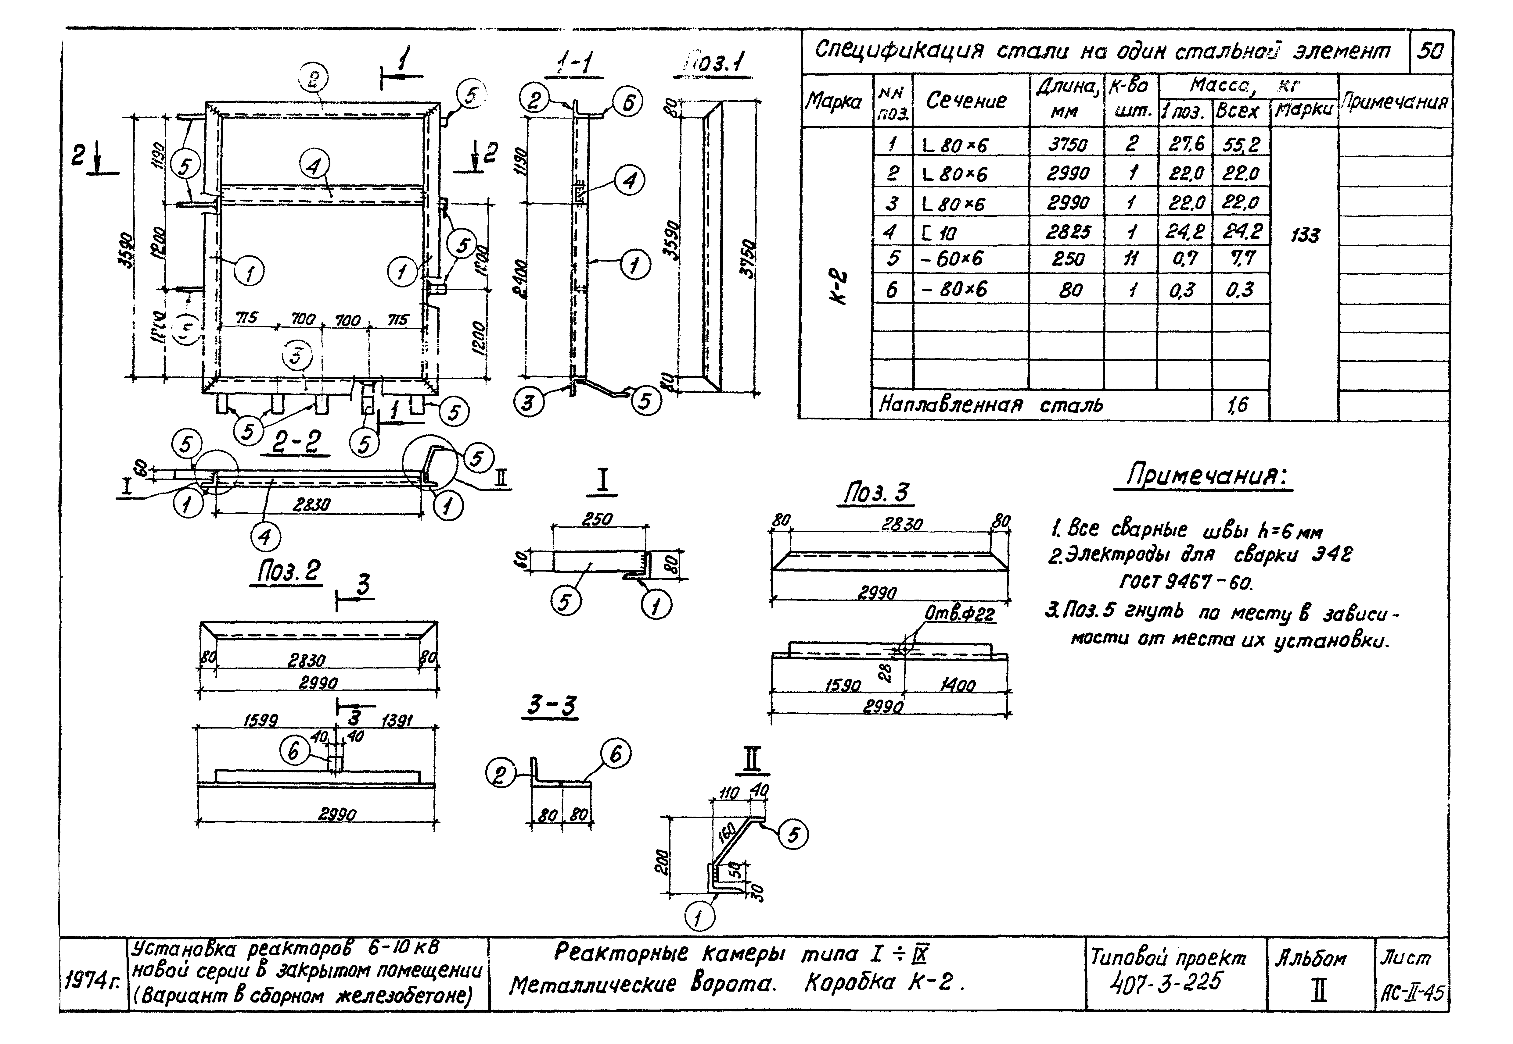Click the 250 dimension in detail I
[x=597, y=519]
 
